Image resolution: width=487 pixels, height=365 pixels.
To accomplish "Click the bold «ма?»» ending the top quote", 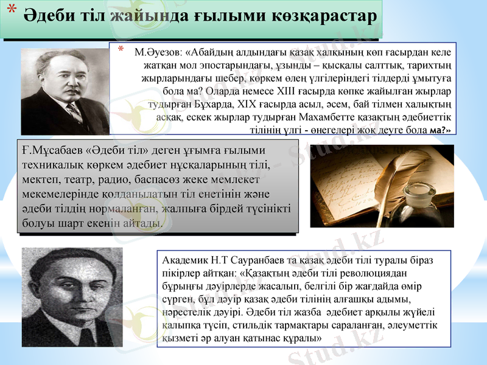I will click(x=440, y=130).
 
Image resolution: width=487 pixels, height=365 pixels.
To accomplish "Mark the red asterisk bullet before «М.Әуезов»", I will click(x=122, y=49).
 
